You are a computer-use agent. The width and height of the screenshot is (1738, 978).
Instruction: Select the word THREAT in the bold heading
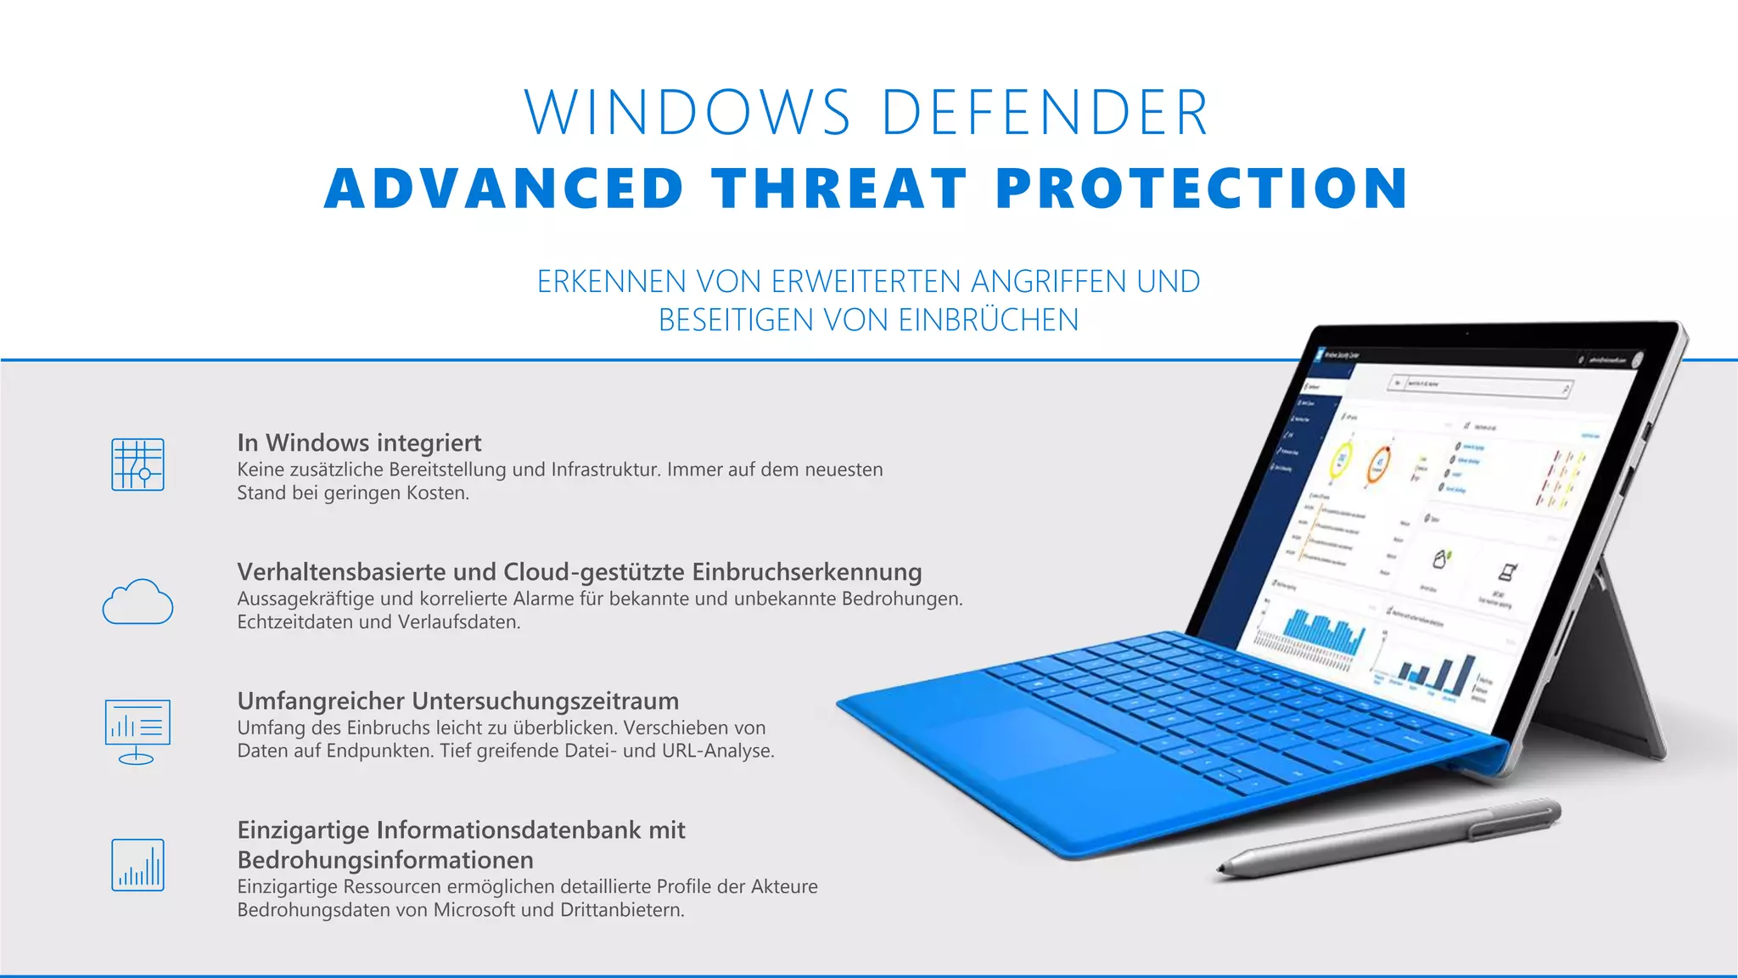[840, 188]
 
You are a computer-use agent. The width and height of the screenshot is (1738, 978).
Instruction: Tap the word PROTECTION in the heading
[1202, 188]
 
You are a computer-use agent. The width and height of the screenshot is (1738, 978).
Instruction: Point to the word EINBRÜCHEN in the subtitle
[988, 320]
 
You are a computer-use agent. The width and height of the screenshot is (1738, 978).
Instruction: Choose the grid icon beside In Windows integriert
[137, 464]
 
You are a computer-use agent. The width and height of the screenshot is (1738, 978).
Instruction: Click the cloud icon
[137, 602]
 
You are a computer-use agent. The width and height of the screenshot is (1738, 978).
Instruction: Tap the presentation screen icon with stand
[137, 731]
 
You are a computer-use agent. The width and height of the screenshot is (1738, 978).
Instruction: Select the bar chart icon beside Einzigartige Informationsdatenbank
[137, 865]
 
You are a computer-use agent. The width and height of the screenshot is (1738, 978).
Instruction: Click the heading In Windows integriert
[359, 442]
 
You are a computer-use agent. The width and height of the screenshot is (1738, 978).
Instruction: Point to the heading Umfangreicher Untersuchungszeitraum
[458, 700]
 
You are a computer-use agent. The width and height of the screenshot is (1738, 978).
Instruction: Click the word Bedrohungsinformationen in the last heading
[385, 860]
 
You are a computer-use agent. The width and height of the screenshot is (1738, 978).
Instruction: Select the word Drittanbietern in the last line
[621, 910]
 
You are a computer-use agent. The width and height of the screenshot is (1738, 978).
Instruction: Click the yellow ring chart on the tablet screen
[1342, 460]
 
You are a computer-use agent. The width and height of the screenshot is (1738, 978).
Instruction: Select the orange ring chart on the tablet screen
[1378, 465]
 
